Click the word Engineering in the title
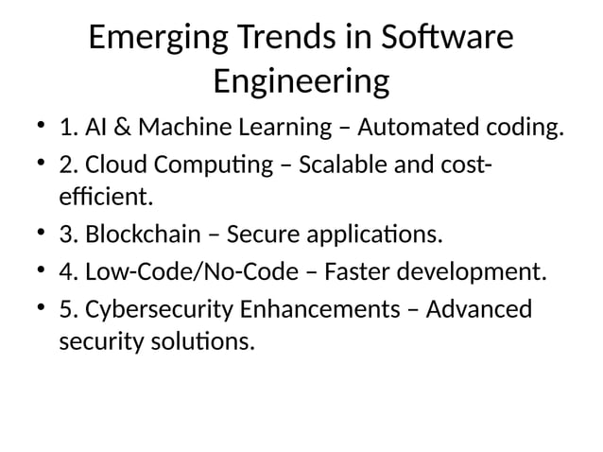pyautogui.click(x=301, y=82)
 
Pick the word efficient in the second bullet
pyautogui.click(x=104, y=199)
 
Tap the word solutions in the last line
pyautogui.click(x=204, y=341)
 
